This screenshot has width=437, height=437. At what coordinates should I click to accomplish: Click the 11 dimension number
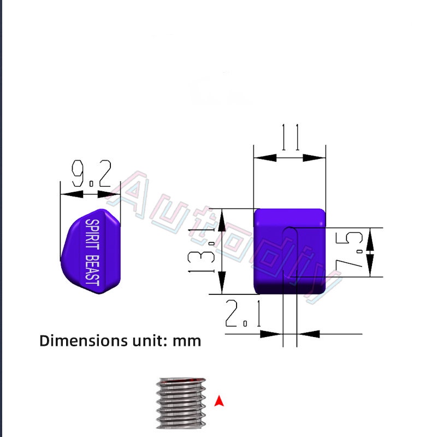290,137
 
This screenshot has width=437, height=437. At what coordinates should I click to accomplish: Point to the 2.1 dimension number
243,315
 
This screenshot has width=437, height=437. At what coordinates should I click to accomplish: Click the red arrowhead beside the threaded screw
219,401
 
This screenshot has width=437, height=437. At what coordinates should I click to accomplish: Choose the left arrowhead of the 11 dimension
265,157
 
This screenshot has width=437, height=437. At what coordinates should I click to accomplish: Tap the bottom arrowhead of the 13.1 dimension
221,284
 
